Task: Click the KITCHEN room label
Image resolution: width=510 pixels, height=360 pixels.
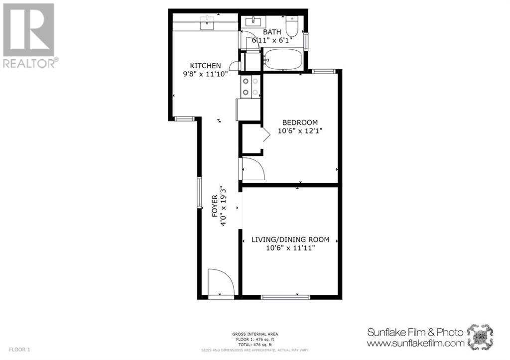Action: (x=205, y=65)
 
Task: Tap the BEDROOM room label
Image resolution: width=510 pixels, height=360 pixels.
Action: (x=300, y=122)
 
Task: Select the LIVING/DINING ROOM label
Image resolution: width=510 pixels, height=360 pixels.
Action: (x=290, y=240)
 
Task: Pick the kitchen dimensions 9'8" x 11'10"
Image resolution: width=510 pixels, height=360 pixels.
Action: (x=205, y=75)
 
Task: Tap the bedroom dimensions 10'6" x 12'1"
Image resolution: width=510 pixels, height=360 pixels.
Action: (x=300, y=132)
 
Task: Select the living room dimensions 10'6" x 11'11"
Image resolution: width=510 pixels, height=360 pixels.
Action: (x=290, y=248)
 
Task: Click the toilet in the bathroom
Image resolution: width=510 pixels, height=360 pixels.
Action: (x=292, y=26)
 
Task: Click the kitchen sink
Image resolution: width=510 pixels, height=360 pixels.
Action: (x=206, y=22)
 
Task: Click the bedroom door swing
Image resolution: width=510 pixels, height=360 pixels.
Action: (x=254, y=169)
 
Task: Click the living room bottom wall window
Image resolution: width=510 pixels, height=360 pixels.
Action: (x=285, y=297)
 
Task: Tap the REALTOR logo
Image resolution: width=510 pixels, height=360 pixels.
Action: (x=29, y=35)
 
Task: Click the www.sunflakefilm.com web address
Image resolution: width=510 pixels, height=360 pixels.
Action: (x=415, y=343)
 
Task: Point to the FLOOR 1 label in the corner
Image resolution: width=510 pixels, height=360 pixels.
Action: (x=19, y=350)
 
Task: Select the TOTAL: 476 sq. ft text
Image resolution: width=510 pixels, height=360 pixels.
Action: (x=255, y=345)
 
